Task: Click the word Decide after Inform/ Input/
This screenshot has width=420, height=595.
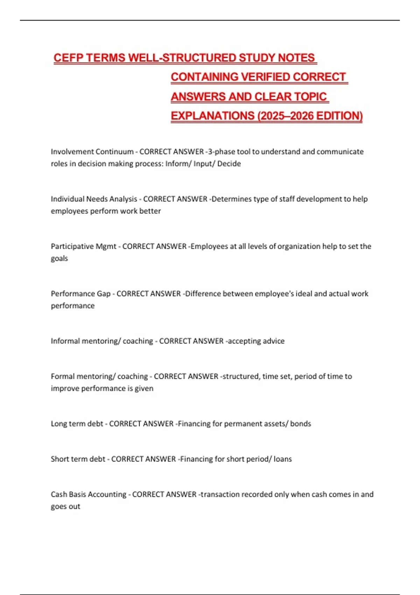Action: (x=229, y=164)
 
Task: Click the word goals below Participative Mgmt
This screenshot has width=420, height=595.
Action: (x=59, y=259)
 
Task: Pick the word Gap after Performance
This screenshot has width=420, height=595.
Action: (x=103, y=294)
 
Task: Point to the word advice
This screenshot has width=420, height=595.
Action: (x=273, y=341)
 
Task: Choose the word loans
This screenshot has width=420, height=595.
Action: (x=282, y=459)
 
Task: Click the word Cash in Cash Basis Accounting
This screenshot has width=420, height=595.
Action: (x=59, y=494)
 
